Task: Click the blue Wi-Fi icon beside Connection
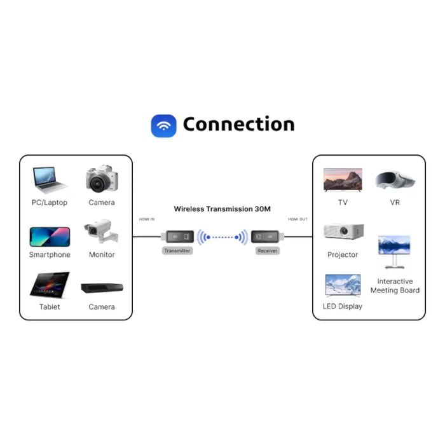(163, 125)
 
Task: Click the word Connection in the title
(238, 125)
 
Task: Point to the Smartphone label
(50, 255)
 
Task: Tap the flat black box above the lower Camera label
(102, 288)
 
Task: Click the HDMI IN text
(146, 219)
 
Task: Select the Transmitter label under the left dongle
(177, 251)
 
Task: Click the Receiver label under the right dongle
(268, 251)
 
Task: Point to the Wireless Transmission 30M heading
(222, 209)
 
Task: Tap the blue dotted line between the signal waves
(222, 238)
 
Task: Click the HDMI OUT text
(298, 219)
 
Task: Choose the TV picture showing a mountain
(343, 180)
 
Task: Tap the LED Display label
(343, 306)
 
